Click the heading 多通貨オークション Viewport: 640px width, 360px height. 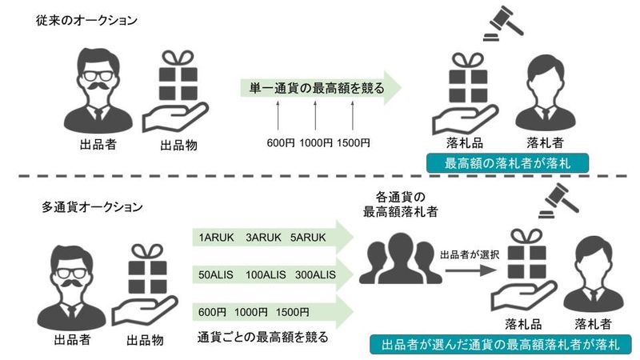click(x=92, y=206)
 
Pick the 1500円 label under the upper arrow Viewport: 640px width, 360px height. click(x=353, y=143)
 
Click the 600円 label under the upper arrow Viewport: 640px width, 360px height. click(x=281, y=143)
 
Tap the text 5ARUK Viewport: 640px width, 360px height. click(x=307, y=238)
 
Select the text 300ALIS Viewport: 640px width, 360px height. click(x=314, y=275)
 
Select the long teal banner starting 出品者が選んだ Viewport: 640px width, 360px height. click(x=500, y=344)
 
